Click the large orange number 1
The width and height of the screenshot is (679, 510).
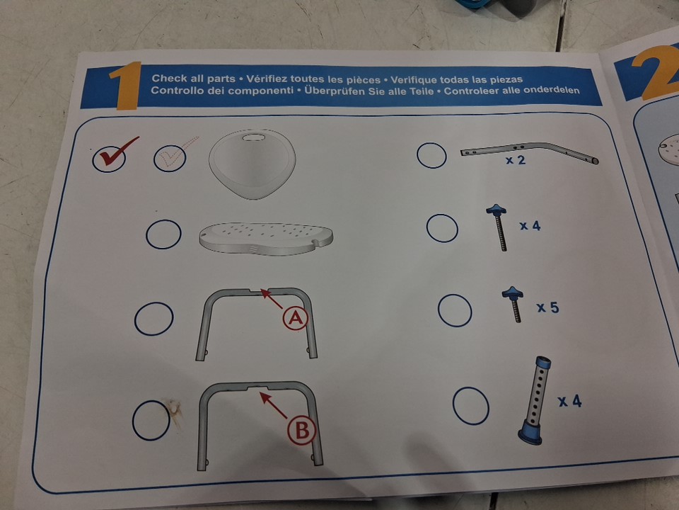click(127, 86)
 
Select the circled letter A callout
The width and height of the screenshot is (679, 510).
click(296, 319)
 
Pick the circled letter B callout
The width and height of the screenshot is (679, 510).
click(302, 431)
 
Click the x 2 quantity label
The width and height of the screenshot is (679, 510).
click(516, 160)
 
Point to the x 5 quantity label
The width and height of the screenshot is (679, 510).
click(547, 307)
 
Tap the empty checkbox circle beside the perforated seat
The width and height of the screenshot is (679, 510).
click(163, 234)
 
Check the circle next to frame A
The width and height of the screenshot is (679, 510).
click(153, 319)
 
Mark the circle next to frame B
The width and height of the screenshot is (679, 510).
click(151, 420)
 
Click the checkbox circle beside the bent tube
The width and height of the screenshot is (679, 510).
click(431, 155)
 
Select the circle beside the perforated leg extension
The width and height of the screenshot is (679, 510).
click(471, 406)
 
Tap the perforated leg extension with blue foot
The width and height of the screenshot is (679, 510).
click(535, 400)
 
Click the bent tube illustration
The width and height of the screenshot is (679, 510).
click(529, 153)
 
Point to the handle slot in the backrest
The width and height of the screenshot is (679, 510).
click(253, 137)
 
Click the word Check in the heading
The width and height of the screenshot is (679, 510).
click(170, 79)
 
